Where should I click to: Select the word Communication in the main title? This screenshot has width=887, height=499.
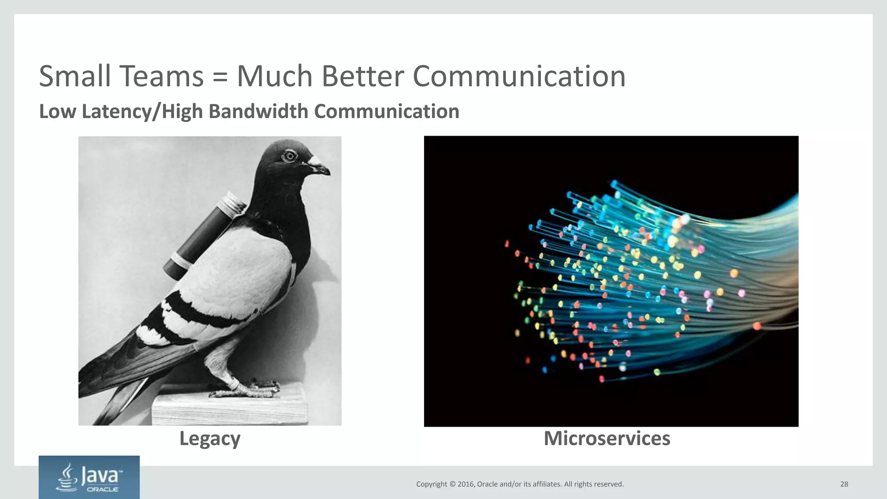[x=519, y=76]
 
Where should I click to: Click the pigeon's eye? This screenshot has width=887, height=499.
[x=289, y=156]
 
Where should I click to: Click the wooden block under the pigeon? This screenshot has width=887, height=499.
[x=230, y=409]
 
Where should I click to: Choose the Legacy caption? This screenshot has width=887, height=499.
[x=210, y=438]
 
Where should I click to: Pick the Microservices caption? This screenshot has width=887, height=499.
[x=607, y=438]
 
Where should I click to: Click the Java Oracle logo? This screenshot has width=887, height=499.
[x=89, y=477]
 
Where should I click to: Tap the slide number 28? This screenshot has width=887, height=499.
[x=844, y=484]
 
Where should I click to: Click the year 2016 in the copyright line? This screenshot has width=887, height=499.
[x=466, y=484]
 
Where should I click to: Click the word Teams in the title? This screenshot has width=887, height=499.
[x=162, y=76]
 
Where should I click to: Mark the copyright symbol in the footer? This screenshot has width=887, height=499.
[x=453, y=484]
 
